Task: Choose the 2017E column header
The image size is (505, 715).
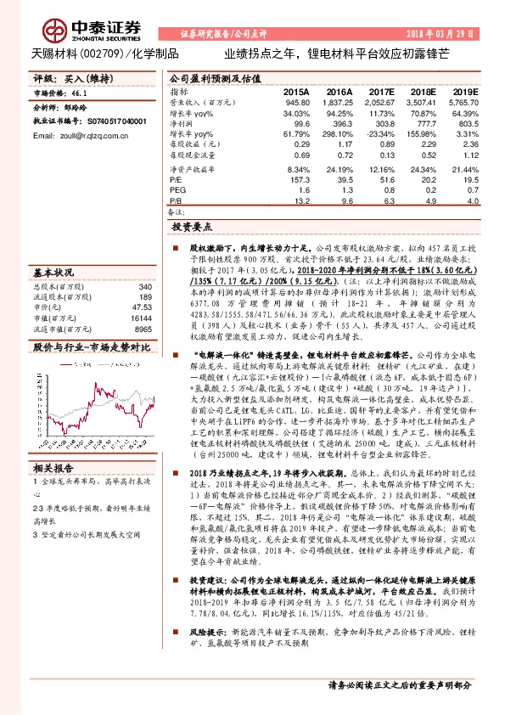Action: click(383, 91)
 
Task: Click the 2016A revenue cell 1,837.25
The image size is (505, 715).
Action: click(338, 102)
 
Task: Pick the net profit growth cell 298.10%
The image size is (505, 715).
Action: click(339, 135)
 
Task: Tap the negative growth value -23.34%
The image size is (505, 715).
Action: click(381, 135)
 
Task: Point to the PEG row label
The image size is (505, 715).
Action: click(177, 191)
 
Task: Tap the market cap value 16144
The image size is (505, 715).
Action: click(140, 318)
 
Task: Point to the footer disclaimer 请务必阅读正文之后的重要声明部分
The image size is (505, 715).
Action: click(399, 684)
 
